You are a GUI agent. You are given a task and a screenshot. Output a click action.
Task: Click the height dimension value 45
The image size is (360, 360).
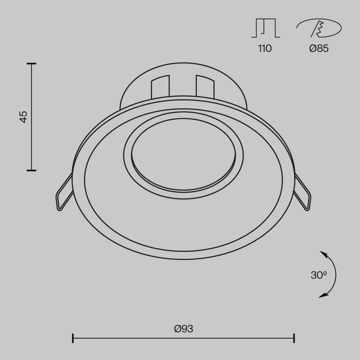(23, 116)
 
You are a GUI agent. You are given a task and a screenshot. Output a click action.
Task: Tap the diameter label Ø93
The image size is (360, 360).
(183, 328)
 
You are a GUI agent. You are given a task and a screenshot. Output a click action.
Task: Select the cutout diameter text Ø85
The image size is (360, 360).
(319, 49)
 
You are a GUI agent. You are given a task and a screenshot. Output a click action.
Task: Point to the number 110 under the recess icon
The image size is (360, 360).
(265, 49)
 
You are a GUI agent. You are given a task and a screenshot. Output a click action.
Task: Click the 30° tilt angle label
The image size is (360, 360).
(319, 275)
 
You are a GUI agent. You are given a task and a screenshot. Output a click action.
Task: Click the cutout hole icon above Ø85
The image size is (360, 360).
(319, 28)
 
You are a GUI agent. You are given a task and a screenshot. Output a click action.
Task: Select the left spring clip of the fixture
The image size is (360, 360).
(63, 196)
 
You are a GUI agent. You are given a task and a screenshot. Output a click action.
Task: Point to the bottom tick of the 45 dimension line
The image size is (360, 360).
(31, 170)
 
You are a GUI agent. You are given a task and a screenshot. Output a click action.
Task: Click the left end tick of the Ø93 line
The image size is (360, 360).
(73, 338)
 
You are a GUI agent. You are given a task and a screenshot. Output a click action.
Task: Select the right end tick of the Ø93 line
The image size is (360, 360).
(294, 338)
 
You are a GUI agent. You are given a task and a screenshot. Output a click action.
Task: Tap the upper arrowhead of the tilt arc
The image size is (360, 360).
(322, 253)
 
